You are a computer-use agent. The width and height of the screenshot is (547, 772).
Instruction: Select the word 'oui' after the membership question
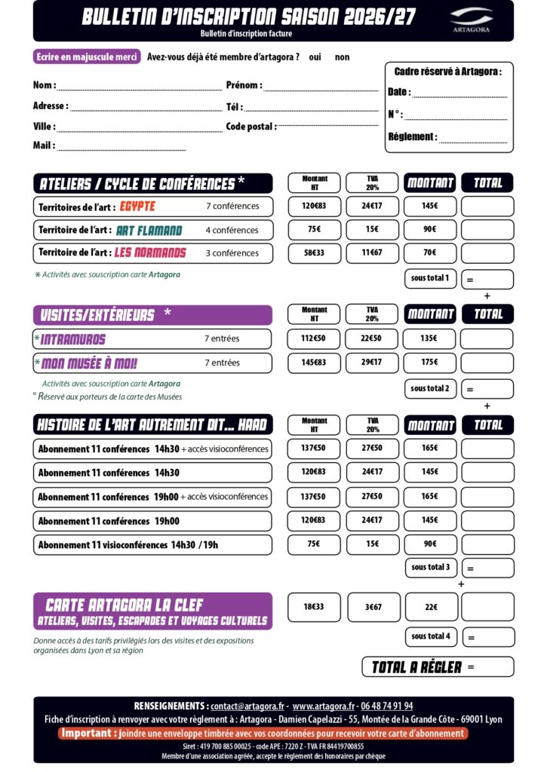point(315,57)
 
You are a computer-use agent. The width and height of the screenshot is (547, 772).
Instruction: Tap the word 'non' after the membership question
point(342,57)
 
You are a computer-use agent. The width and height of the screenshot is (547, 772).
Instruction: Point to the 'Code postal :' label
point(251,127)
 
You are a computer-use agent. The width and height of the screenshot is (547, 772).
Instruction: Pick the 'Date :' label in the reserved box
point(399,92)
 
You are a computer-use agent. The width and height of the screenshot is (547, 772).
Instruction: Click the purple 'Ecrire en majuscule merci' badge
point(87,57)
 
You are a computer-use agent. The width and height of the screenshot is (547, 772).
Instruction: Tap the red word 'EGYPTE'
point(137,206)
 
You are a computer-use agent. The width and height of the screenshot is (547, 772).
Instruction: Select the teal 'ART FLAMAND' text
point(149,230)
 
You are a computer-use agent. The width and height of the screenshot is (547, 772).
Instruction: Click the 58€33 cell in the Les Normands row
point(314,253)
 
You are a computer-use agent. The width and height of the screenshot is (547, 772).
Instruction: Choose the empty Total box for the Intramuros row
point(487,339)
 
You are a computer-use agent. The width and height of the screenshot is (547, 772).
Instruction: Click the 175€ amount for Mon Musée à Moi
point(429,363)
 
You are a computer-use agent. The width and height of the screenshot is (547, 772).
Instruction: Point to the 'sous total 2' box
point(430,389)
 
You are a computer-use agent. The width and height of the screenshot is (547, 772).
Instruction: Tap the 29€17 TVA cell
point(372,363)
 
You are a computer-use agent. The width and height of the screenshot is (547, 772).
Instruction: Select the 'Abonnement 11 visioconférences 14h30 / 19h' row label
point(128,544)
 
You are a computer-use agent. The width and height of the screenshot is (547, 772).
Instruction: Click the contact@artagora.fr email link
point(247,706)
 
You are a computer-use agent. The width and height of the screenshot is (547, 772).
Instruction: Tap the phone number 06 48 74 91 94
point(386,706)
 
